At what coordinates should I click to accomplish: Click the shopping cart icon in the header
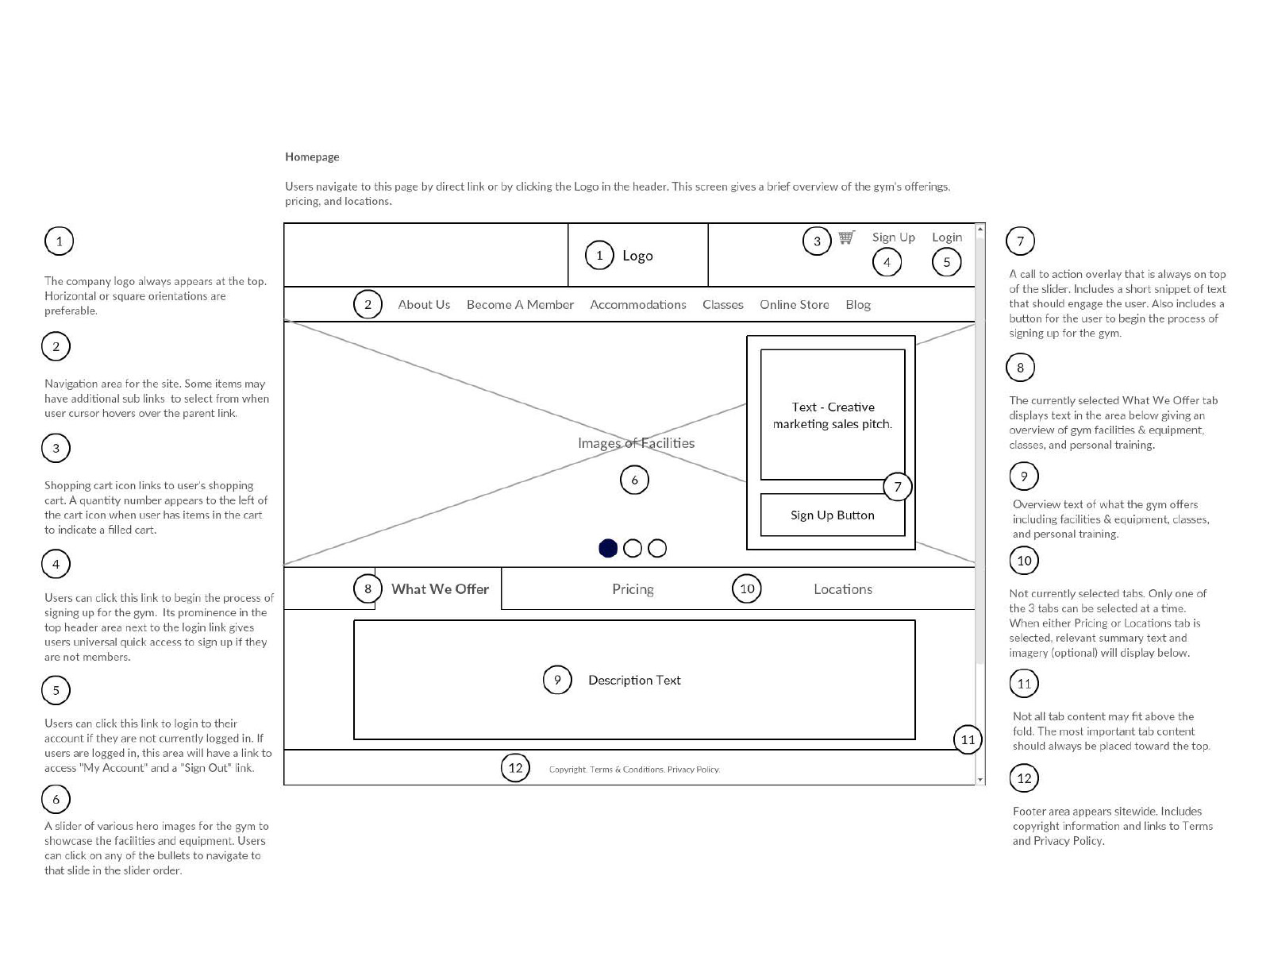[x=846, y=237]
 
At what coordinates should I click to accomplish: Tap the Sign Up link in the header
[x=893, y=237]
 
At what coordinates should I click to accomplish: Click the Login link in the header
[x=947, y=237]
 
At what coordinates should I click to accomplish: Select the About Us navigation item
[x=424, y=304]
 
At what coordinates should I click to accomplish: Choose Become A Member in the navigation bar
[x=520, y=304]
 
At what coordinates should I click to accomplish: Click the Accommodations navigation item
[x=637, y=304]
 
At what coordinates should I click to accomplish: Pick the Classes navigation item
[x=722, y=304]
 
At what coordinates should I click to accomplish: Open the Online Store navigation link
[x=794, y=304]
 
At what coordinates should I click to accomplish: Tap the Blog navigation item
[x=857, y=305]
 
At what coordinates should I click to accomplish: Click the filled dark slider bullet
[x=607, y=548]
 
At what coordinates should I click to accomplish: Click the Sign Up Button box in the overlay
[x=832, y=515]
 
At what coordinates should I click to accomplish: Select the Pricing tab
[x=633, y=589]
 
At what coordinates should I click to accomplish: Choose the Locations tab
[x=842, y=589]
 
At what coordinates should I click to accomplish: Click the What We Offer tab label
[x=440, y=589]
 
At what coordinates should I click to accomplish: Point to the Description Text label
[x=634, y=680]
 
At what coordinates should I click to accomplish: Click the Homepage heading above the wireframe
[x=312, y=156]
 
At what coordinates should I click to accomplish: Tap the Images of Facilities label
[x=636, y=442]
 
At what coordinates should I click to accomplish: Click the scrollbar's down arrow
[x=980, y=780]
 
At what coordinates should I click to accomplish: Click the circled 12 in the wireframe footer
[x=515, y=768]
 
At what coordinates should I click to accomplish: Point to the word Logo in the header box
[x=637, y=256]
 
